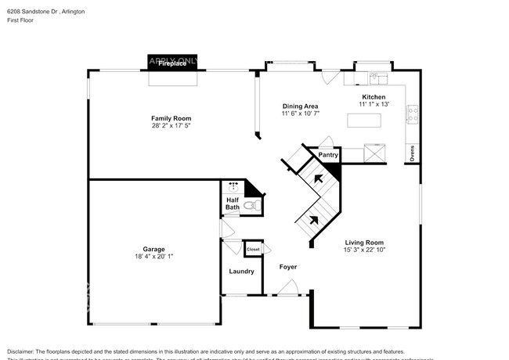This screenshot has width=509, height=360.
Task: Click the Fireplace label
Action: (172, 63)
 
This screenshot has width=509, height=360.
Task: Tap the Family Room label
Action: (171, 118)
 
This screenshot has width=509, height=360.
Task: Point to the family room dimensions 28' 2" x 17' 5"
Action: (171, 125)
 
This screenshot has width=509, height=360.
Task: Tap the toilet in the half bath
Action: (251, 205)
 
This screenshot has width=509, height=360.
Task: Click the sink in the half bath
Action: (233, 188)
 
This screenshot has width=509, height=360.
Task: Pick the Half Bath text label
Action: (233, 204)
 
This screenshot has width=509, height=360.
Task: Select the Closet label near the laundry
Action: (253, 249)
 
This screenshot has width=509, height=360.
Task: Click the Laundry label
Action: (241, 272)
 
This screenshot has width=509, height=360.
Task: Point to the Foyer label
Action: (288, 267)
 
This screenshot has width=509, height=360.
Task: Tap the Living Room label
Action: (364, 242)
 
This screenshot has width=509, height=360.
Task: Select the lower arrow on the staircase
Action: (314, 219)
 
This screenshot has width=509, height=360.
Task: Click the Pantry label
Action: (327, 155)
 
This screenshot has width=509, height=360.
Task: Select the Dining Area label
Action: (299, 106)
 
